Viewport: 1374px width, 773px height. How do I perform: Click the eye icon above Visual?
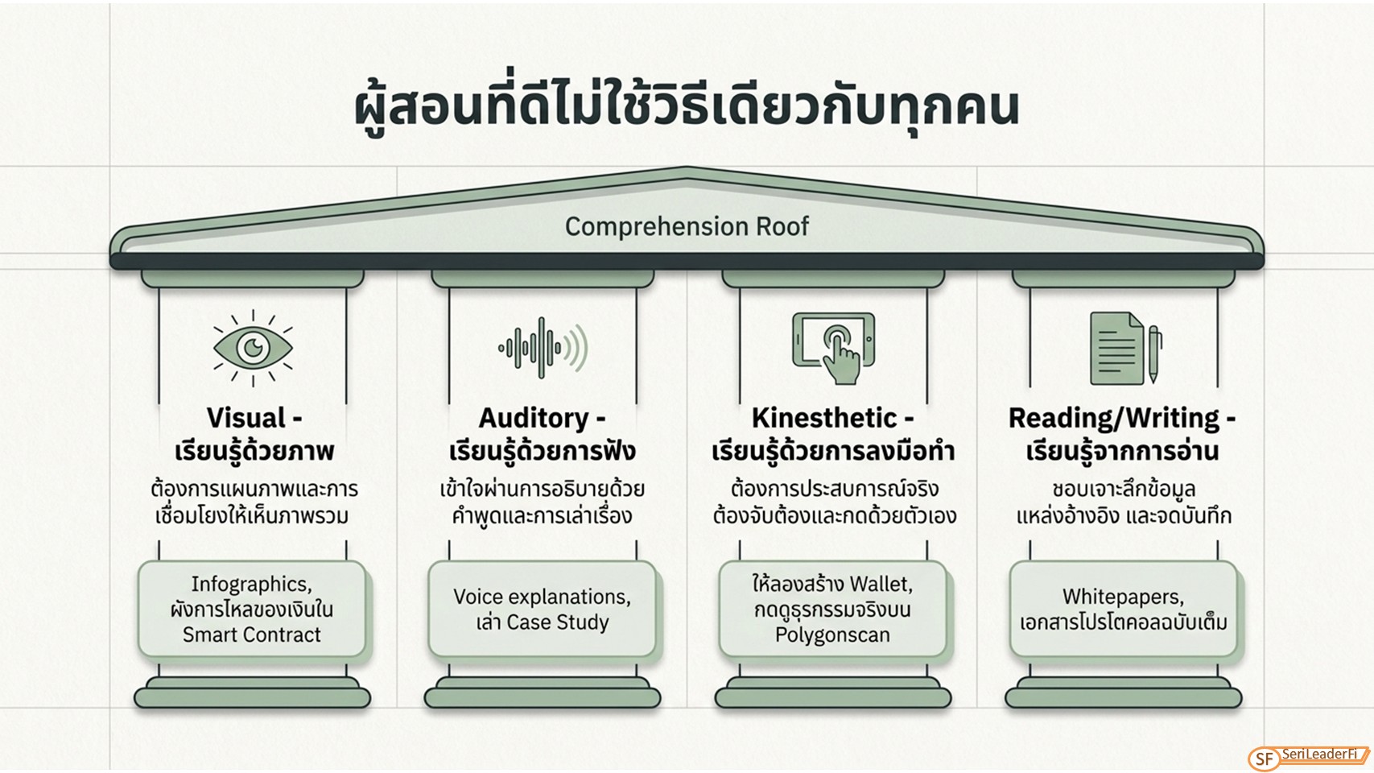[x=253, y=348]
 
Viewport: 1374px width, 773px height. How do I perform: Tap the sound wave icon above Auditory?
[x=543, y=348]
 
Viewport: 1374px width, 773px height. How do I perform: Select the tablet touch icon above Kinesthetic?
[x=834, y=348]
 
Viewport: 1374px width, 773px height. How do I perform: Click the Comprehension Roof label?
[x=687, y=226]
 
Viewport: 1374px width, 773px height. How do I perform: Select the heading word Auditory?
[x=533, y=419]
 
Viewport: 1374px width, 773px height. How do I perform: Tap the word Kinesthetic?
[x=823, y=419]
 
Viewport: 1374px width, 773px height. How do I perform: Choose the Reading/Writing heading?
[x=1114, y=419]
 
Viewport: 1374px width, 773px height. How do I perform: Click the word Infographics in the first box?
[x=251, y=584]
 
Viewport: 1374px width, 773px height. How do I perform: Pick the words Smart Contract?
[x=251, y=635]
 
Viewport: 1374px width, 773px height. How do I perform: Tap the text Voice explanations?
[x=543, y=597]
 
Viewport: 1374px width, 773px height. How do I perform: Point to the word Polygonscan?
[x=832, y=635]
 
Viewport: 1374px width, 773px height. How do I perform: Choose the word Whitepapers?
[x=1123, y=597]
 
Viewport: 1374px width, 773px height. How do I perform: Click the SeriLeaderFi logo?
[x=1309, y=757]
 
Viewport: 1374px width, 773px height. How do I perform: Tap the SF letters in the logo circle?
[x=1265, y=759]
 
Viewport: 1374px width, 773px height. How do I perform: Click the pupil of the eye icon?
[x=253, y=348]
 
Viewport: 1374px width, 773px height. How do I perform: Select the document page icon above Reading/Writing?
[x=1116, y=349]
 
